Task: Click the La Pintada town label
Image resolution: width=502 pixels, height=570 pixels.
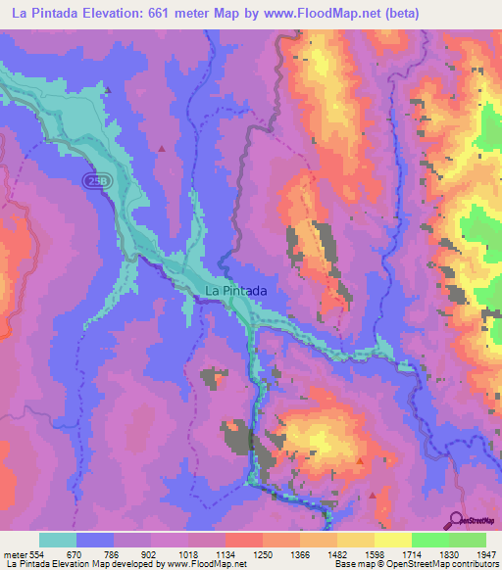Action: (235, 291)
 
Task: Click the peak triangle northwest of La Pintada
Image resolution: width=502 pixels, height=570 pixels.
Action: (161, 148)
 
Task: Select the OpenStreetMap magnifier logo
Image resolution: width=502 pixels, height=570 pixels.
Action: (456, 519)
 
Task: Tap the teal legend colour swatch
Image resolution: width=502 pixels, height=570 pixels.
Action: (58, 540)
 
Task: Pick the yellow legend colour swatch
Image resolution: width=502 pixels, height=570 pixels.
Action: (393, 540)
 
